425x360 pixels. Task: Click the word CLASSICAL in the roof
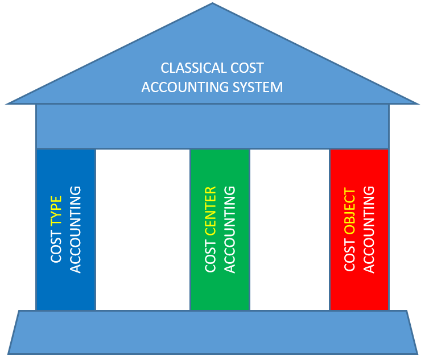pos(192,68)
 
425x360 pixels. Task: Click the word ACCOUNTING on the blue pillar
pos(75,229)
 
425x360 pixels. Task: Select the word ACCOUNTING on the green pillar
pos(229,229)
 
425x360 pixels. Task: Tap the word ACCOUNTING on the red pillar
pos(369,229)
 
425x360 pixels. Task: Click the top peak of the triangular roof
pos(212,5)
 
